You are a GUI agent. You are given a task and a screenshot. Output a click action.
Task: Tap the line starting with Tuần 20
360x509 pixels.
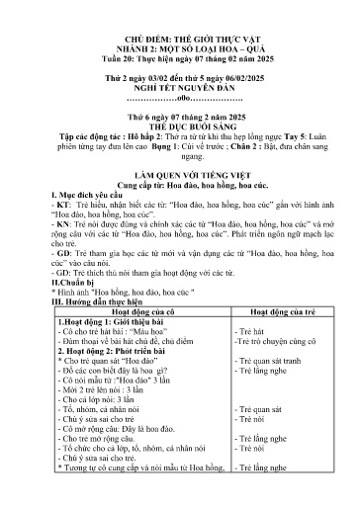tap(180, 58)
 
